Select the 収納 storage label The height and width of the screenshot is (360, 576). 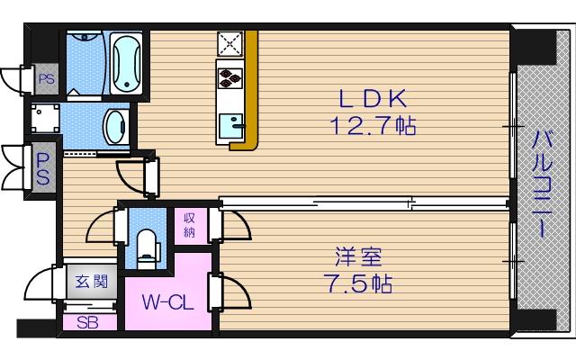[x=191, y=225]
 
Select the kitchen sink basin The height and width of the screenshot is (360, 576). [x=230, y=125]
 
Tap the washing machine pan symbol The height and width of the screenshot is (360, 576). [x=44, y=118]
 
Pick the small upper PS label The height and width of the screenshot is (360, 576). [x=46, y=79]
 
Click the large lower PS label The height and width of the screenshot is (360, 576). [x=43, y=167]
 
